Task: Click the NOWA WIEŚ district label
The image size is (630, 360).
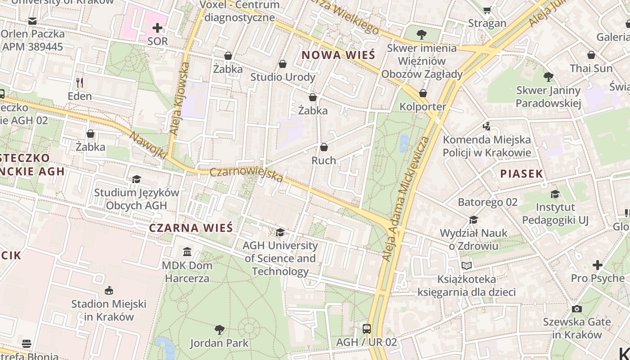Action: [x=338, y=55]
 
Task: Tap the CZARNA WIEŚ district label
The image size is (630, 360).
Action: [x=191, y=228]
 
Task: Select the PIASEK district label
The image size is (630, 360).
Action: [x=522, y=174]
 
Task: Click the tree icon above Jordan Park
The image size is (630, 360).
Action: [x=219, y=330]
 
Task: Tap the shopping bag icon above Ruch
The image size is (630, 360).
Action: [x=324, y=147]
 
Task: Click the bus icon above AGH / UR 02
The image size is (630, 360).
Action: [x=367, y=328]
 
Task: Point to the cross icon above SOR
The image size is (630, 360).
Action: [x=157, y=28]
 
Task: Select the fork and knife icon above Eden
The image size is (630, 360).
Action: [x=80, y=82]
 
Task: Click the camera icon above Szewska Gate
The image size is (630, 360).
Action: [x=576, y=309]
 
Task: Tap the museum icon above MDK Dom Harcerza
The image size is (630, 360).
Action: [x=187, y=252]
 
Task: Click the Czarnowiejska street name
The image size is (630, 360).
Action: [x=246, y=175]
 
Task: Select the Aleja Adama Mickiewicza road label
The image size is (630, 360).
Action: [x=405, y=198]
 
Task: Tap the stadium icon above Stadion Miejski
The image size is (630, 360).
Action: [x=108, y=290]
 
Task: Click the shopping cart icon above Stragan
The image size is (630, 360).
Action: [x=487, y=10]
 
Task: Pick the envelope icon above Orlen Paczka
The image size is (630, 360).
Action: [x=32, y=21]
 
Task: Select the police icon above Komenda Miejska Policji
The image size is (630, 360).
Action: [x=486, y=126]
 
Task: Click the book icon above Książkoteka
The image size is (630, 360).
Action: [x=467, y=265]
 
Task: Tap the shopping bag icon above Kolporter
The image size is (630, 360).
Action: [x=423, y=93]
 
